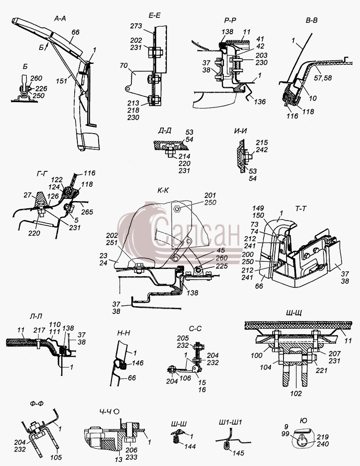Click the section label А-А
pos(60,18)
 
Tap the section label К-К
pos(163,190)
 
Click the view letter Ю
pos(304,421)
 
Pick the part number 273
pos(136,26)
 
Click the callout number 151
pos(62,81)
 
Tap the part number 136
pos(260,102)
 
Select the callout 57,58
pos(323,78)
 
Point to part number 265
pos(87,212)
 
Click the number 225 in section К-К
pos(222,266)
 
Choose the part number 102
pos(296,394)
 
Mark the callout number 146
pos(138,363)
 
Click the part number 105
pos(56,457)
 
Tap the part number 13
pos(119,459)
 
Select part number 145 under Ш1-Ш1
pos(238,453)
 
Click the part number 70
pos(124,65)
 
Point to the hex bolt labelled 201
pos(177,209)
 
